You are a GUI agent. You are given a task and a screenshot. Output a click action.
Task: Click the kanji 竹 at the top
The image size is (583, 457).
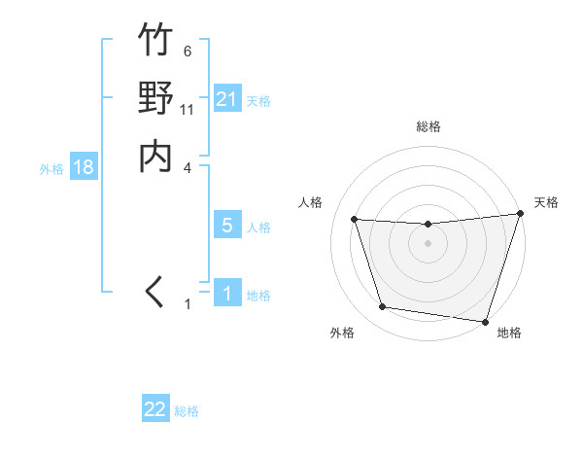(155, 41)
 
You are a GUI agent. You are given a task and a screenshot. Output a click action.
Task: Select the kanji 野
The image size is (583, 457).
(155, 99)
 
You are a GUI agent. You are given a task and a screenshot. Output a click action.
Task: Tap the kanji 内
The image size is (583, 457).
(155, 157)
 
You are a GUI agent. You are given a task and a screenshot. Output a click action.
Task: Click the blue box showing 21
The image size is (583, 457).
(226, 99)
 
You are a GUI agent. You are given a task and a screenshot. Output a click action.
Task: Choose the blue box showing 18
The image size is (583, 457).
(84, 167)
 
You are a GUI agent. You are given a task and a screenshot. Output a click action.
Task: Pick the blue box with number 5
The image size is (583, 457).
(226, 226)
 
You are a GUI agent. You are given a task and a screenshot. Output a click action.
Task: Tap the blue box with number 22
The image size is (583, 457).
(155, 409)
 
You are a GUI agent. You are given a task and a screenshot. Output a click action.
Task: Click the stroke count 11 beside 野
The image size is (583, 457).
(188, 109)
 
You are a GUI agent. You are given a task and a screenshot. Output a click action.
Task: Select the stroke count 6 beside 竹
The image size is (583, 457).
(187, 51)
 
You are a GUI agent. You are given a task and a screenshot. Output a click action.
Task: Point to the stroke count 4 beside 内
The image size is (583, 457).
(188, 167)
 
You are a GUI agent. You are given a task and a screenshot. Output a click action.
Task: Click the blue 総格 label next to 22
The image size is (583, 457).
(187, 411)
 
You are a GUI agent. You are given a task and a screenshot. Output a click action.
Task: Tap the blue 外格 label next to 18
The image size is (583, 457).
(51, 169)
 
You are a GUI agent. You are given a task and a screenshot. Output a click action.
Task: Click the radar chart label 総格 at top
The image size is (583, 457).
(428, 126)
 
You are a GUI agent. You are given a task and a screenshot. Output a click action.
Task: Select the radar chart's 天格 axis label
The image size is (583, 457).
(546, 202)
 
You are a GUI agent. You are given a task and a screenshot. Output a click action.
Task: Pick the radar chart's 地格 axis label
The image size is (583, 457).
(509, 333)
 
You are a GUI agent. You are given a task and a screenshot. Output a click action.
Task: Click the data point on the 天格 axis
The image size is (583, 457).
(520, 214)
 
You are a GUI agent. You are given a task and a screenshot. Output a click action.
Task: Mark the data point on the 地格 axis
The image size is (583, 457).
(485, 321)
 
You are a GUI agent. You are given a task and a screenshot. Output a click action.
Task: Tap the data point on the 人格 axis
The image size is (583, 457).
(355, 220)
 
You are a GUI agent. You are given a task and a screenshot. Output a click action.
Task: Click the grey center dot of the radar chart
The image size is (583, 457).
(428, 243)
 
